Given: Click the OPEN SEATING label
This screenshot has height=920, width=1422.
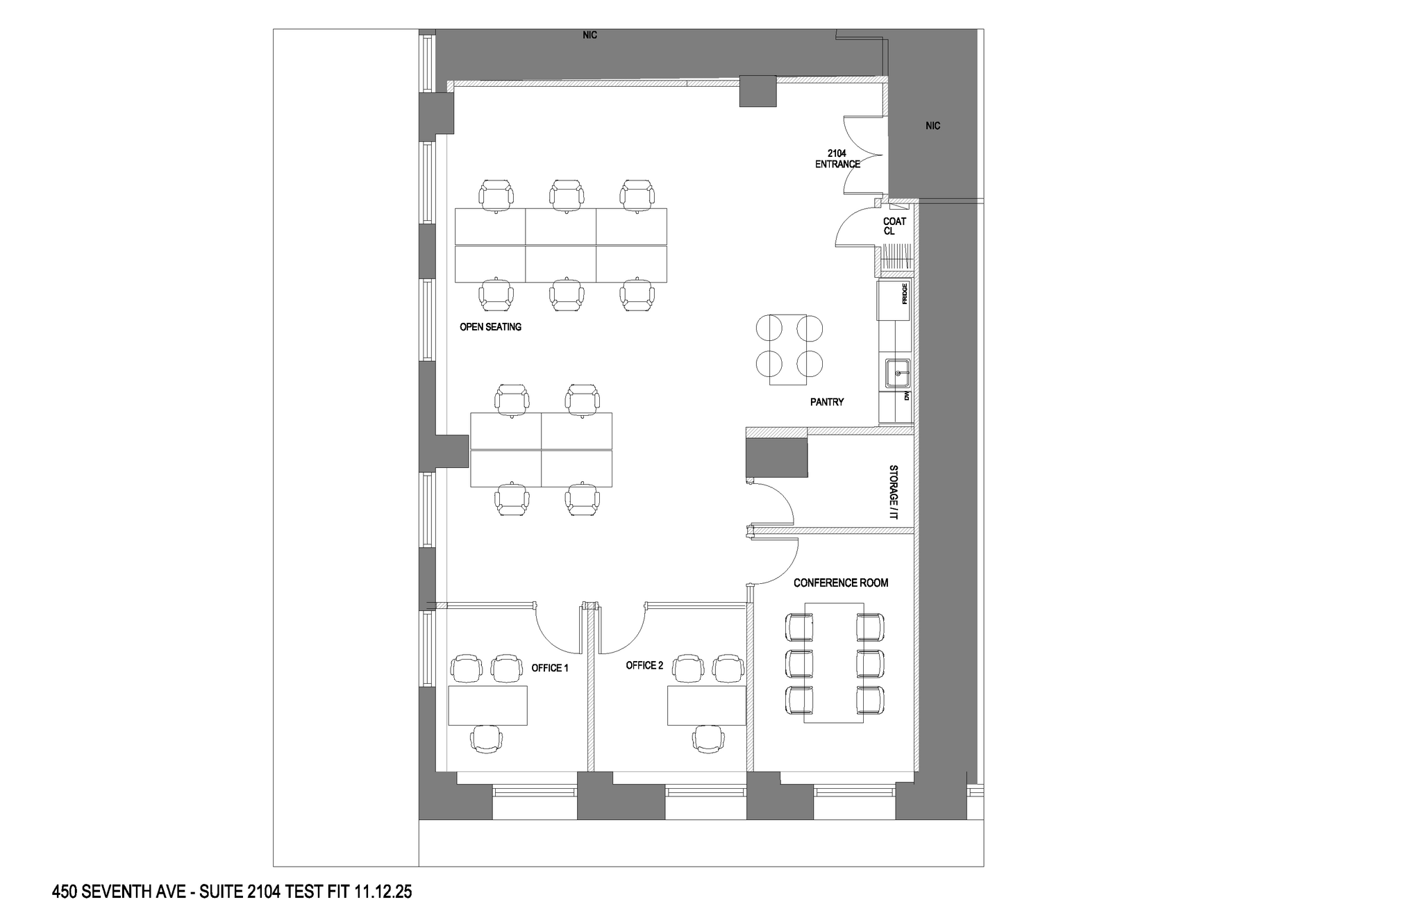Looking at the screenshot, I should click(x=490, y=326).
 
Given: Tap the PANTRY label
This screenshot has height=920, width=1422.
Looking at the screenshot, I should click(x=826, y=402).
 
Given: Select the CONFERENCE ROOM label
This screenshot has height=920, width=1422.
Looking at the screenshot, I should click(x=841, y=583).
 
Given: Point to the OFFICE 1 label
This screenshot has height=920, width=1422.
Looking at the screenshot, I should click(x=550, y=668).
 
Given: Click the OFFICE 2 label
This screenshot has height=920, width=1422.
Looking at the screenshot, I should click(x=644, y=665).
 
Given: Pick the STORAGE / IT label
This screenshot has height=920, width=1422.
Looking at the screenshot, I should click(x=894, y=492).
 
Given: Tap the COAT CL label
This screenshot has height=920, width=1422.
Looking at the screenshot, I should click(x=894, y=226).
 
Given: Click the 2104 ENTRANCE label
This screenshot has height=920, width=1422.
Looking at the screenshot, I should click(x=837, y=158).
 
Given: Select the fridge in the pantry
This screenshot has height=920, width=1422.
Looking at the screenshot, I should click(x=894, y=300).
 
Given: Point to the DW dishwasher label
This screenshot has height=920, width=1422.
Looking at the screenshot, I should click(x=906, y=396).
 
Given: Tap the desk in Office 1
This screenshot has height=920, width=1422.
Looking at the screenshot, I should click(x=487, y=705).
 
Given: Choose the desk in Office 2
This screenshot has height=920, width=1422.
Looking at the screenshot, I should click(x=707, y=705).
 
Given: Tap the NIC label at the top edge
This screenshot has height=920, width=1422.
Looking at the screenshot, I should click(x=589, y=35).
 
